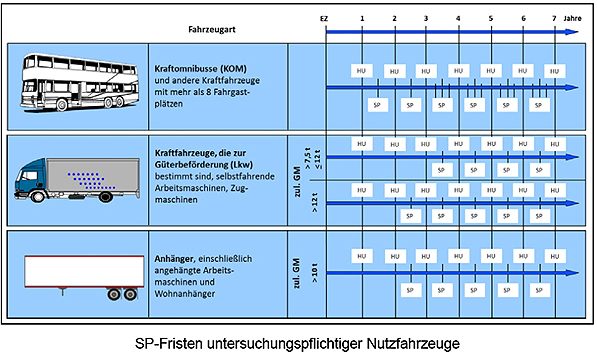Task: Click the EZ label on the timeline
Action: coord(324,19)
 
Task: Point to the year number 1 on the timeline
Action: coord(362,19)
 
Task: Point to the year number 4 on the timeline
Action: coord(458,19)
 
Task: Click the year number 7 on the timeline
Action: coord(553,19)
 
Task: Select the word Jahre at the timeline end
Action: coord(574,19)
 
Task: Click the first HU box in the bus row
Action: coord(362,71)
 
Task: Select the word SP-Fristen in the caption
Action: coord(171,342)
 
